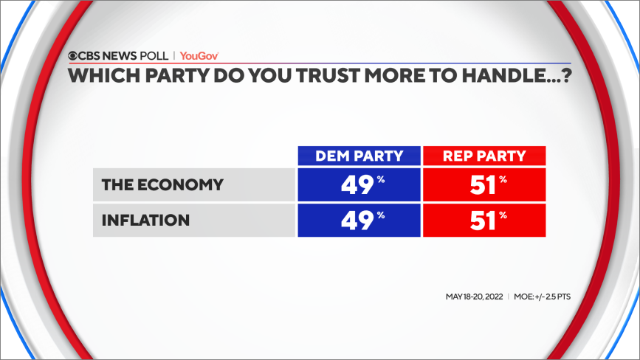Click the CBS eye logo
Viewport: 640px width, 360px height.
(73, 56)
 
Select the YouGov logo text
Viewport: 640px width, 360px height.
(199, 56)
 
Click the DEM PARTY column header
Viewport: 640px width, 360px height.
(359, 156)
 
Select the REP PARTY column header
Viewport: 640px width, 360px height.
(484, 156)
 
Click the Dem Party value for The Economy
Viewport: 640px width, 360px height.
(359, 184)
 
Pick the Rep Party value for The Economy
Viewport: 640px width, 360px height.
(484, 184)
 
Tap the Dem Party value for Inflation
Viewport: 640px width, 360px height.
(359, 220)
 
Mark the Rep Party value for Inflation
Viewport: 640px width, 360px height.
(484, 220)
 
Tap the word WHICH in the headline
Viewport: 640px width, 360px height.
(94, 75)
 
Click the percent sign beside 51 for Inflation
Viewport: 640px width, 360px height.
(503, 215)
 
